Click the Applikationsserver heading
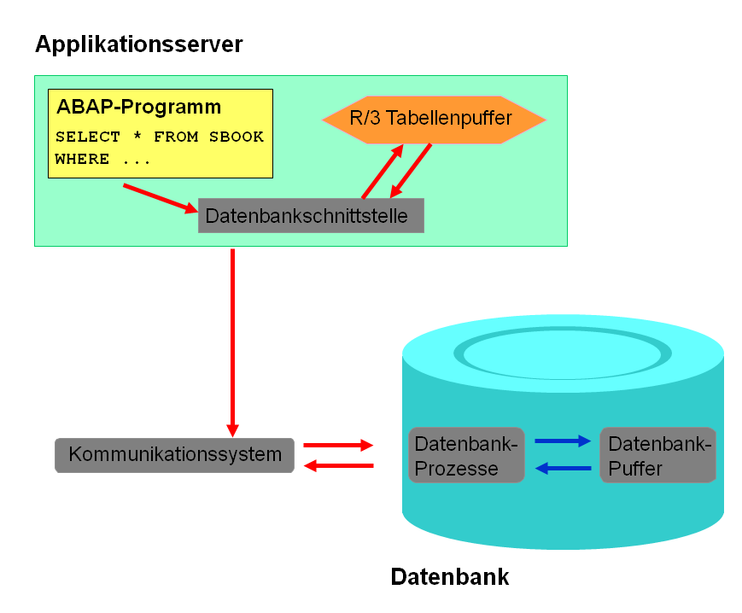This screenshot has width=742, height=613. point(138,45)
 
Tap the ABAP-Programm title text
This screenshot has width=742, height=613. point(138,108)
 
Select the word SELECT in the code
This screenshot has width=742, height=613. point(88,137)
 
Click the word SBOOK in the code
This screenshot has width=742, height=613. point(237,137)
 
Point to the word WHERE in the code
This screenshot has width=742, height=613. point(82,159)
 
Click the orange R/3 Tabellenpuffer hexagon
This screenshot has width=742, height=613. point(434,120)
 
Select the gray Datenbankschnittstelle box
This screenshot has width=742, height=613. point(311,216)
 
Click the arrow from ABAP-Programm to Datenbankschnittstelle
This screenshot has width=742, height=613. point(161,198)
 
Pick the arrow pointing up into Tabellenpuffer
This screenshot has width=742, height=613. point(383,172)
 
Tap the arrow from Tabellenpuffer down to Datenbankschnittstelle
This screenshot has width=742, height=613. point(410,171)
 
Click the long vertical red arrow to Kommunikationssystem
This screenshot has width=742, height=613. point(232,343)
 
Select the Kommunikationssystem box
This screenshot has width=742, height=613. point(175,455)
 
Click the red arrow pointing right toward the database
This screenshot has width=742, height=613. point(338,445)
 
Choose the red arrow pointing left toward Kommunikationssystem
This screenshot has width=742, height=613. point(338,466)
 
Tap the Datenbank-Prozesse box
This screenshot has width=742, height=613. point(466,455)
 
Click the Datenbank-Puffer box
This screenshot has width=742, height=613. point(657,455)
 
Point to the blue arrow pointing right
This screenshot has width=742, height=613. point(563,441)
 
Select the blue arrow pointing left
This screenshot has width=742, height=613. point(563,468)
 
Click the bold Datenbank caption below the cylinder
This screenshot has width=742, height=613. point(449,577)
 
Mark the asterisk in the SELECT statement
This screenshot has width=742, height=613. point(137,135)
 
